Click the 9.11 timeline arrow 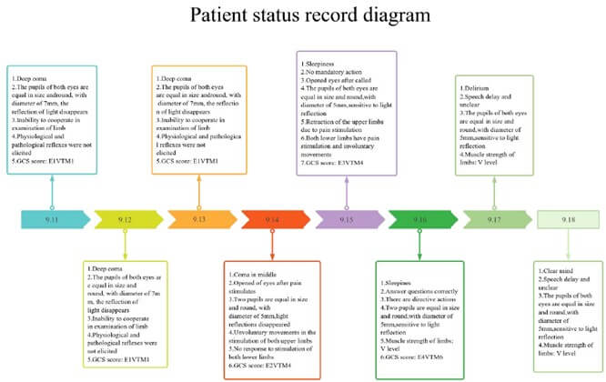click(x=53, y=219)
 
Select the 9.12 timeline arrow click(x=126, y=219)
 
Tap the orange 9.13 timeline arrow click(x=197, y=219)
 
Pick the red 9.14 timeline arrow click(x=271, y=219)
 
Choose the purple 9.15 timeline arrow click(x=345, y=219)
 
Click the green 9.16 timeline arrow click(x=419, y=219)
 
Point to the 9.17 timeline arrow click(x=493, y=219)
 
